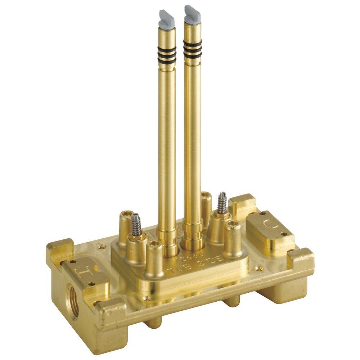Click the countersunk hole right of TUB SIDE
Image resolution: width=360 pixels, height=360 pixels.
257,268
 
